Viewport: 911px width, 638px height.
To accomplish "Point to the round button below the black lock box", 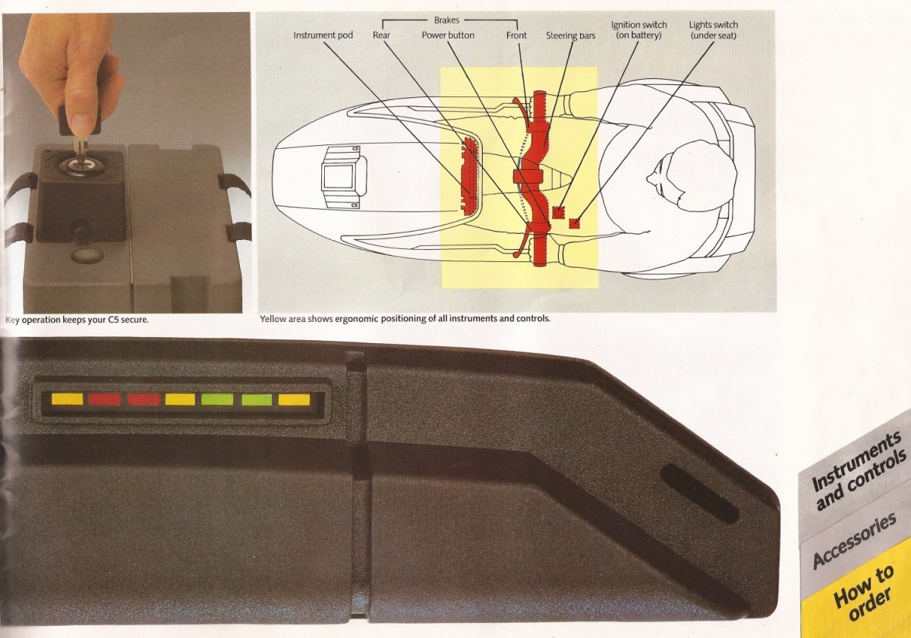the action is pyautogui.click(x=87, y=255).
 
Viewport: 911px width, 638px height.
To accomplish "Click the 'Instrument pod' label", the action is pyautogui.click(x=323, y=36).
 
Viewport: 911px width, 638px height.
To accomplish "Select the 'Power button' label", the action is pyautogui.click(x=448, y=36).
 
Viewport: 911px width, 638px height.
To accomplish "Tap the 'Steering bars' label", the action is pyautogui.click(x=570, y=36).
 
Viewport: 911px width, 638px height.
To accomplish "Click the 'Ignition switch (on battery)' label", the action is pyautogui.click(x=638, y=30).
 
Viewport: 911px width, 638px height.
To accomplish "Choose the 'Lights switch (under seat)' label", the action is pyautogui.click(x=714, y=30).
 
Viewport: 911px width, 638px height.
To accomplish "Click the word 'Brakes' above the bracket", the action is pyautogui.click(x=446, y=20).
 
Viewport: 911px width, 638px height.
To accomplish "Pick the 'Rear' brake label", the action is pyautogui.click(x=381, y=36).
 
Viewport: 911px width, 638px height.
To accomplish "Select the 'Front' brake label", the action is pyautogui.click(x=516, y=36).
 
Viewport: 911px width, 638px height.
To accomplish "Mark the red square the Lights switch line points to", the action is pyautogui.click(x=574, y=223).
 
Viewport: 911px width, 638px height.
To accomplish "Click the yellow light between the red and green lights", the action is pyautogui.click(x=180, y=400).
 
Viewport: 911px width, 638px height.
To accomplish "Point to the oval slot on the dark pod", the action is pyautogui.click(x=699, y=494).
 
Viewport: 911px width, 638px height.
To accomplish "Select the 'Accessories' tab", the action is pyautogui.click(x=854, y=541).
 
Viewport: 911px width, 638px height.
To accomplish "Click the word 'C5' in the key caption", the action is pyautogui.click(x=113, y=320).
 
